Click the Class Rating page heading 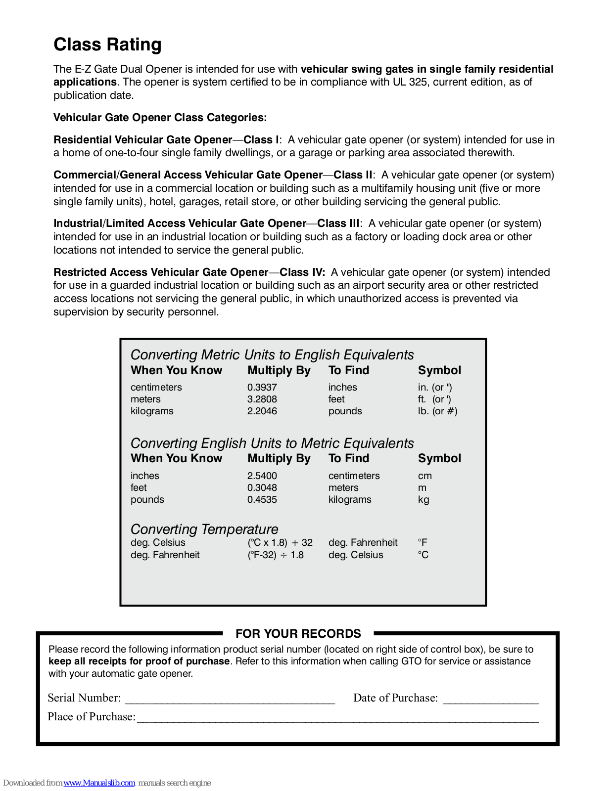point(107,44)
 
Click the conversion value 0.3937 point(262,387)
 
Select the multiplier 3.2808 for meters point(262,399)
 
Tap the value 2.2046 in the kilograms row point(262,411)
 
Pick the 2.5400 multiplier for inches point(262,476)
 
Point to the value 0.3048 point(262,487)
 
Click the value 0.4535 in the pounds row point(262,499)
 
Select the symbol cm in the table point(424,476)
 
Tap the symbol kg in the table point(424,499)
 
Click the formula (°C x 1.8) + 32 point(280,542)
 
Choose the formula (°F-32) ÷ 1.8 point(276,555)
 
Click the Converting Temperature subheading point(204,529)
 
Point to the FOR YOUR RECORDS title point(298,634)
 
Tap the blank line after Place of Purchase point(337,718)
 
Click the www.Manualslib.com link point(99,783)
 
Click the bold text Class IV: point(302,272)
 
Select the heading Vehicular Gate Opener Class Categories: point(160,118)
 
